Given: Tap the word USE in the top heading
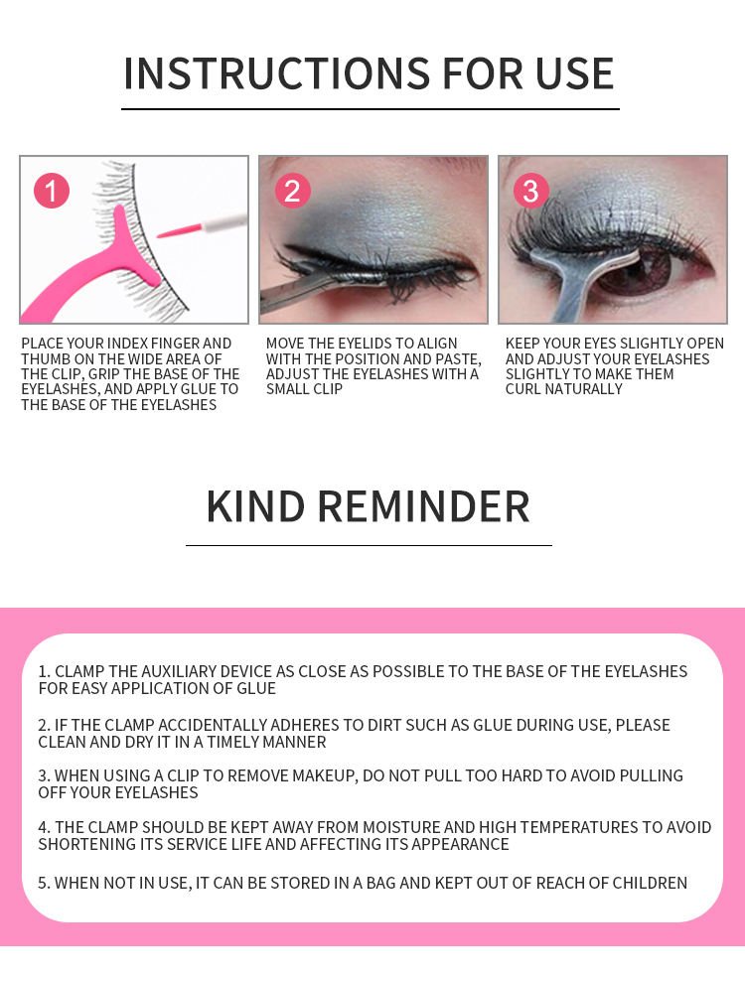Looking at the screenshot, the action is coord(574,73).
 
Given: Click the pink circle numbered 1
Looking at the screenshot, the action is coord(52,191).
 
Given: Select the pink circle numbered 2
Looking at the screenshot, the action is coord(292,191).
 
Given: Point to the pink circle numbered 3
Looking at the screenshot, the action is coord(530,191).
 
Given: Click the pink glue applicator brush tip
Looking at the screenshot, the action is coord(178,229).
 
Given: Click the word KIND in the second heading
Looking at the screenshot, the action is coord(255,506).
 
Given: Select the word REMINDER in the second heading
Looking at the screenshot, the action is coord(424,506).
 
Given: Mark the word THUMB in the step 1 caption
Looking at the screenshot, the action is coord(46,359).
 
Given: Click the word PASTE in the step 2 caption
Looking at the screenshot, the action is coord(459,359).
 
